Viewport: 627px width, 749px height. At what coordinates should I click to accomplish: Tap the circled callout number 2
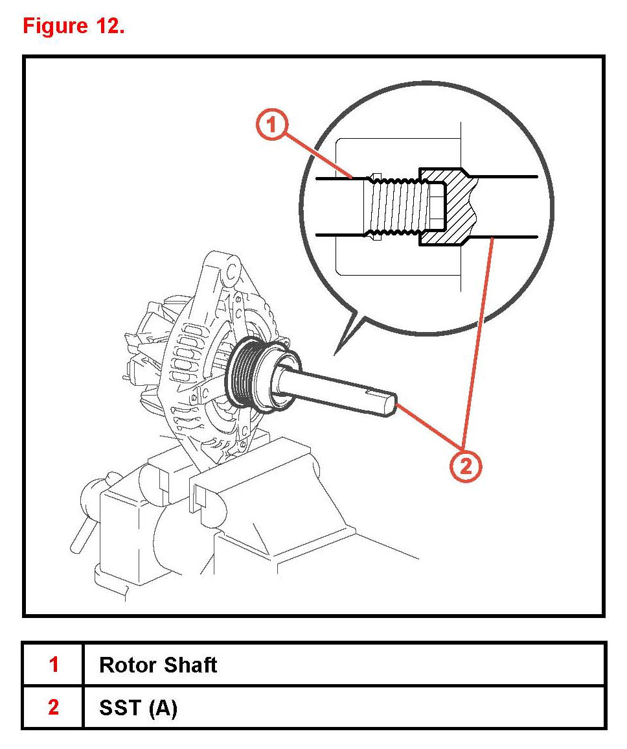(466, 465)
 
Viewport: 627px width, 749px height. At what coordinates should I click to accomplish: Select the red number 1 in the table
(54, 665)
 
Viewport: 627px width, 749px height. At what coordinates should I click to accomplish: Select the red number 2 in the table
(54, 707)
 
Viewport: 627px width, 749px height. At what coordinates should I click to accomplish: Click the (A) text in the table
(163, 707)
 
